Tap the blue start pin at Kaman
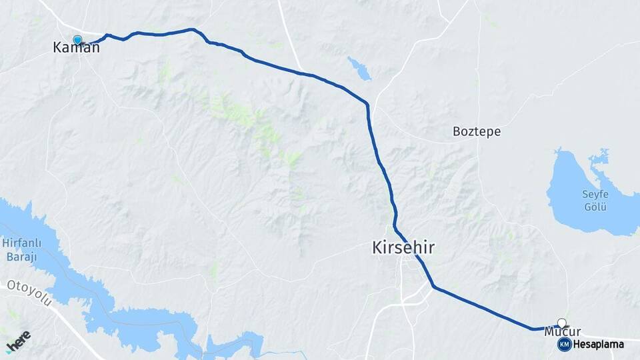click(77, 41)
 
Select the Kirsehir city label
click(403, 248)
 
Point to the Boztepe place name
click(476, 131)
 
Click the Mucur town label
click(562, 331)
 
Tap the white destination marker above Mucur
click(562, 323)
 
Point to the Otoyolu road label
click(29, 294)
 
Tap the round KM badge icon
click(564, 344)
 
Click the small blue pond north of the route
click(359, 68)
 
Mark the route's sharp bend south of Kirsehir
click(434, 287)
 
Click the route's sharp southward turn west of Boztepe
click(367, 104)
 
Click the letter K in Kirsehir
click(377, 248)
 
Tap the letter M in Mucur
click(549, 331)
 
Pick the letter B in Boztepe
click(457, 131)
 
